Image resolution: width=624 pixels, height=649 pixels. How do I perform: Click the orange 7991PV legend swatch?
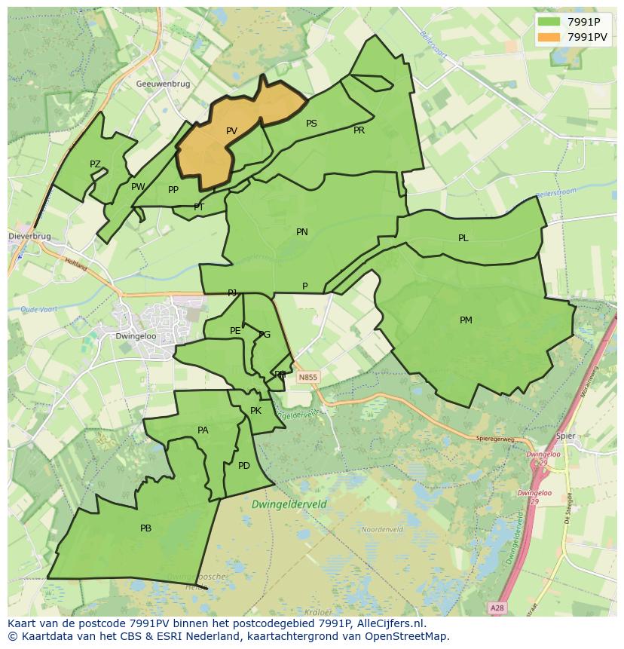(549, 36)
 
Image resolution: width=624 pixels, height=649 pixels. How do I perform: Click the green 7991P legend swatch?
(549, 22)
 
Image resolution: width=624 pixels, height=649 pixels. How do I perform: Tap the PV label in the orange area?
(231, 131)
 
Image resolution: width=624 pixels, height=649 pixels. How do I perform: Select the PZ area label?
(95, 164)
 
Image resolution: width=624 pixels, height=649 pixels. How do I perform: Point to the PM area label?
(466, 320)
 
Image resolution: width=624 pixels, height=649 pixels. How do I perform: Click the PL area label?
(463, 238)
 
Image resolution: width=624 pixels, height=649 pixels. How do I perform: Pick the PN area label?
(301, 232)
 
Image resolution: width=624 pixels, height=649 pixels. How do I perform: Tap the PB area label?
(145, 528)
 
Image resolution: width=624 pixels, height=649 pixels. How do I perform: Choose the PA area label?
(203, 430)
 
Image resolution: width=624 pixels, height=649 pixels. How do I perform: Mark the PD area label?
(243, 466)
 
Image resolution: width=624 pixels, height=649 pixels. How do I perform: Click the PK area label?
(255, 411)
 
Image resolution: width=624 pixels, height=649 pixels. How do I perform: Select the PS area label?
(311, 124)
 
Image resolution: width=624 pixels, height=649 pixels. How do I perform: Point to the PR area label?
(359, 130)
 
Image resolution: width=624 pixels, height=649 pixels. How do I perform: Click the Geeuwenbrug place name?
(163, 84)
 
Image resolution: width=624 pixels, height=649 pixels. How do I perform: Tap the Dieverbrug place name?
(30, 236)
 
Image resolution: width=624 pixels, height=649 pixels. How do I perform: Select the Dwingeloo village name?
(135, 337)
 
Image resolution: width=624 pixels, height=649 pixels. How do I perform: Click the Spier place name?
(564, 436)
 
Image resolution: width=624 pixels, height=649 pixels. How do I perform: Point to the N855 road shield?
(307, 377)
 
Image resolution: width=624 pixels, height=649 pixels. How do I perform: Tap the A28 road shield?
(496, 608)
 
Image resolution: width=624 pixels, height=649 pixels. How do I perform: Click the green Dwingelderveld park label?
(289, 504)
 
